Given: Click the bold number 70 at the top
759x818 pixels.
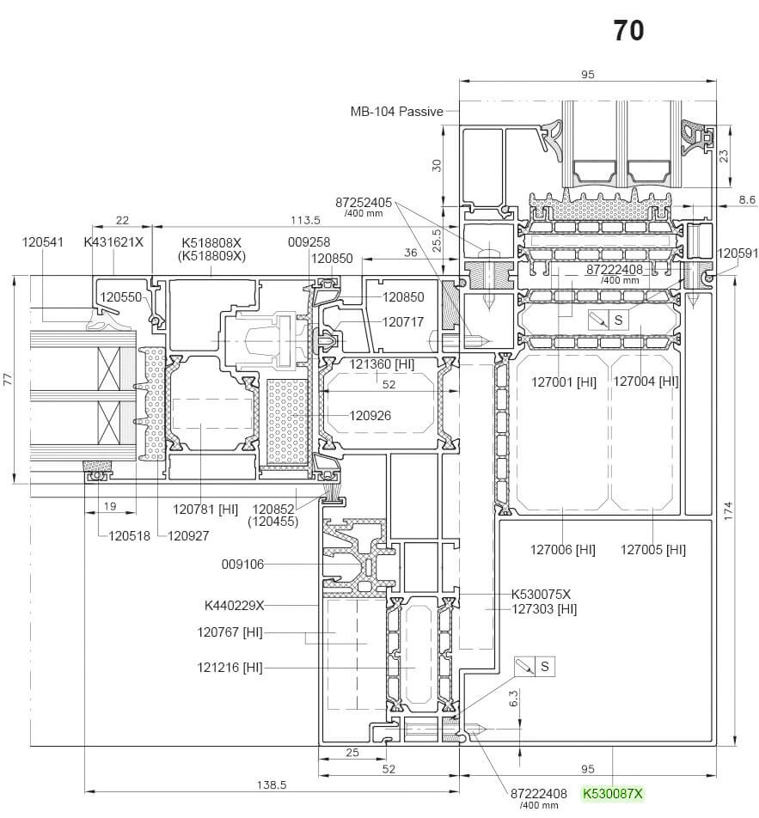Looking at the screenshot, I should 628,31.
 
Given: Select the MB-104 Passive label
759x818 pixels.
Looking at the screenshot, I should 396,112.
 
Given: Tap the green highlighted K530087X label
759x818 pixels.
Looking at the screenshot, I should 613,794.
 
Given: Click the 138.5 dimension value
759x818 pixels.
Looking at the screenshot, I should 272,785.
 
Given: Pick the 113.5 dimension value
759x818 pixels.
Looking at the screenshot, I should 304,220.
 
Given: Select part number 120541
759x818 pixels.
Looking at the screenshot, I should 43,242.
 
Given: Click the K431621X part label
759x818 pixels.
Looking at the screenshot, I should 113,242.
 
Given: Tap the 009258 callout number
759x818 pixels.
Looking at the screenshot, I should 309,242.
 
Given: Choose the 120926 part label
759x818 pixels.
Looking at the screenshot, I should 370,416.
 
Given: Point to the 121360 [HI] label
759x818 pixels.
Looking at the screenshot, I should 382,364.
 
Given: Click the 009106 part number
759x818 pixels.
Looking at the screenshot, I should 242,565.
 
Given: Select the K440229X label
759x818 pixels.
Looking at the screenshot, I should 235,606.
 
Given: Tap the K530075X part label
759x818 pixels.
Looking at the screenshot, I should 541,594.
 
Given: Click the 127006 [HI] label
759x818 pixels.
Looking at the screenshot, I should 562,549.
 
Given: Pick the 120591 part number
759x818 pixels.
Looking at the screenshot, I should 738,253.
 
